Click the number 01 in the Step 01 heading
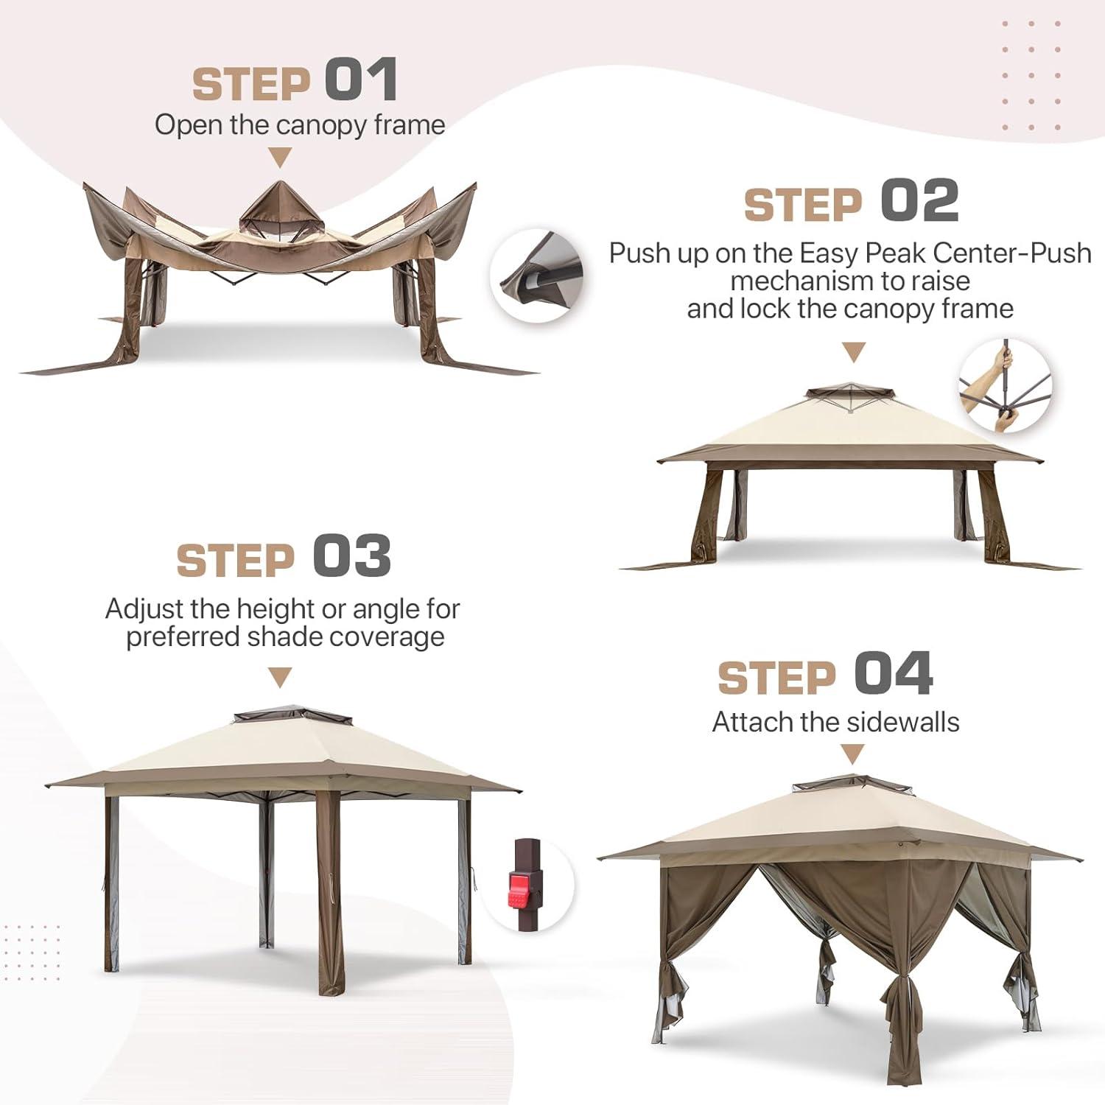click(361, 80)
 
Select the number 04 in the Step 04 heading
click(894, 673)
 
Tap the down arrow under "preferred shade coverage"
click(280, 677)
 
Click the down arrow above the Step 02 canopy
click(853, 352)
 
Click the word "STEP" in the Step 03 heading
click(236, 561)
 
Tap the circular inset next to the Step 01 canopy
click(536, 276)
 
